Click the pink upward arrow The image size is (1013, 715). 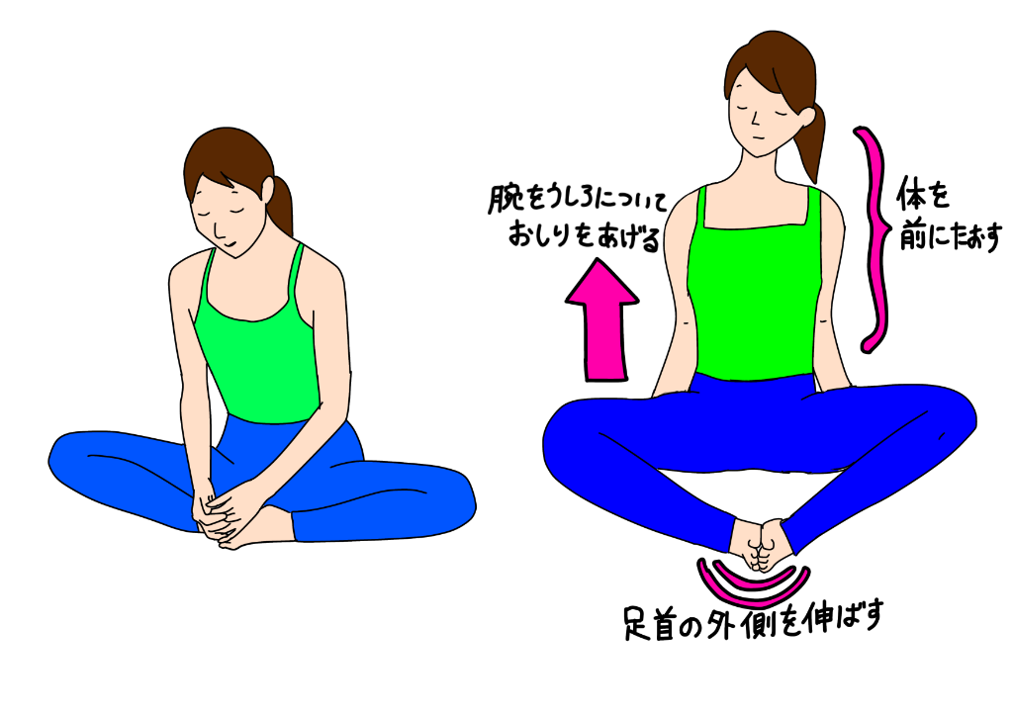(x=602, y=323)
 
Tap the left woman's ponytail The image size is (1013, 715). (x=279, y=206)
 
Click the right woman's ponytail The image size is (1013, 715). (x=811, y=142)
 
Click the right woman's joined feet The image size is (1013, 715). (x=757, y=546)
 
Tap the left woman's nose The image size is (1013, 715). (x=219, y=229)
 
